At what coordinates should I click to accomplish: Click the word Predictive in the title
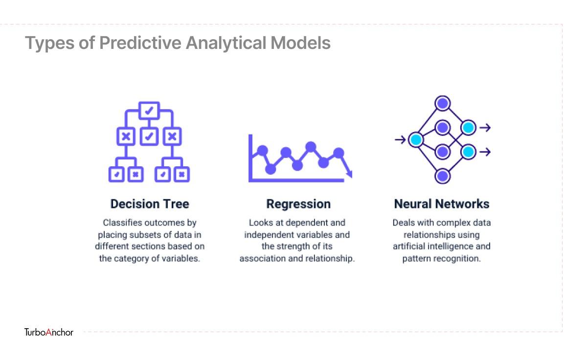click(x=140, y=43)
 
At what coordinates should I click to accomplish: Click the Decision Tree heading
click(x=150, y=204)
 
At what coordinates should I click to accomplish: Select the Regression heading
click(x=298, y=204)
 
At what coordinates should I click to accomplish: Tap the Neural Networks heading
click(x=442, y=204)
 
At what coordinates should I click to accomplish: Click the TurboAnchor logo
click(x=49, y=332)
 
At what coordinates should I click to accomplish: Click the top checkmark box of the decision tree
click(x=149, y=111)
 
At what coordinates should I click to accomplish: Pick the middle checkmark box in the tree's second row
click(x=149, y=136)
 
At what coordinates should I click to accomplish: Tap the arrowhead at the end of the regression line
click(x=349, y=174)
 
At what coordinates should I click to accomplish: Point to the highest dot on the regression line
click(x=311, y=147)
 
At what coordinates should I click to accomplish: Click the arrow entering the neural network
click(x=400, y=140)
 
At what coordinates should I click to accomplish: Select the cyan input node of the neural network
click(x=416, y=140)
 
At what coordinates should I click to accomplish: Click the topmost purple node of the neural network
click(x=443, y=103)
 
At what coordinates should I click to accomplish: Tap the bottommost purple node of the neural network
click(x=443, y=176)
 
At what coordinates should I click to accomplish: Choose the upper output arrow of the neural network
click(x=485, y=128)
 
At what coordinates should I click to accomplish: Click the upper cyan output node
click(x=468, y=128)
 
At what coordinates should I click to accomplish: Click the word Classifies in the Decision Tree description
click(x=122, y=223)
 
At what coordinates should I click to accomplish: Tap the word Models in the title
click(x=300, y=43)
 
